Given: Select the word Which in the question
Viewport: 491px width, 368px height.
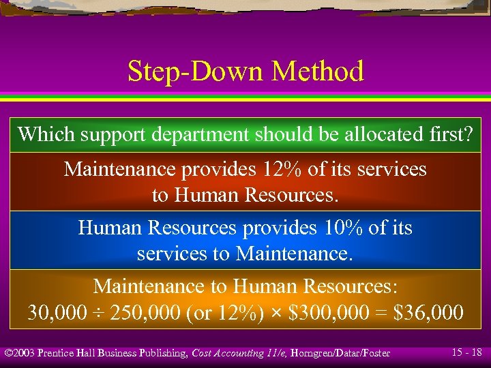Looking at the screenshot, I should (x=46, y=134).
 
